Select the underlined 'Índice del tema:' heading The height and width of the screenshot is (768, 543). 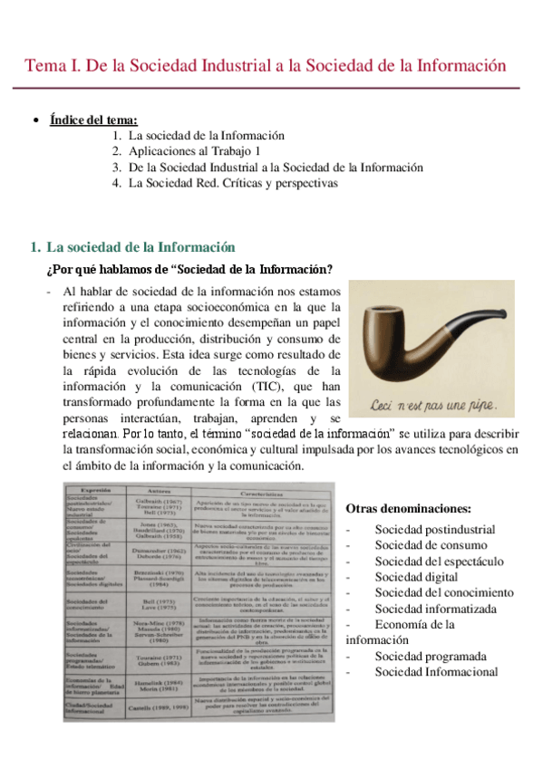point(94,120)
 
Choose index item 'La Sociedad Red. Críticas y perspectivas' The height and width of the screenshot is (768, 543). point(233,183)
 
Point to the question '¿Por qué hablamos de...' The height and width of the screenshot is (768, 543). point(189,269)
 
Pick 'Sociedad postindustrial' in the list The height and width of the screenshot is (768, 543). point(435,530)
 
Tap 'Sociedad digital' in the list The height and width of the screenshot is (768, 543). point(414,577)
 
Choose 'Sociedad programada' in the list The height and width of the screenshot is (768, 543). point(430,656)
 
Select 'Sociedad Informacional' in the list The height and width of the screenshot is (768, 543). point(436,671)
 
